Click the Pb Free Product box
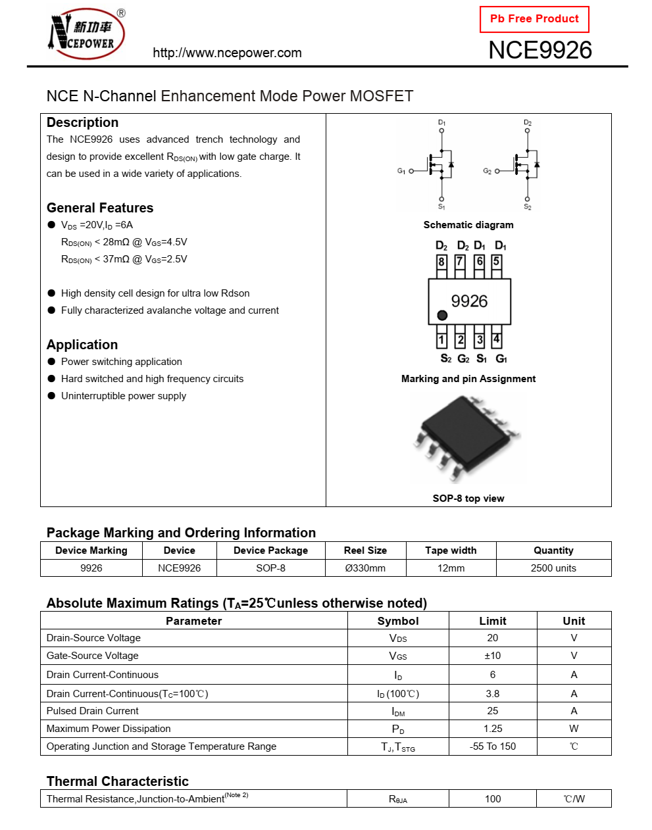(534, 19)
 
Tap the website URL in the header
(227, 53)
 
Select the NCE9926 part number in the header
(540, 51)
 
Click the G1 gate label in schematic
(401, 171)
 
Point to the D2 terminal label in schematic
(528, 123)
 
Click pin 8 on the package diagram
(441, 262)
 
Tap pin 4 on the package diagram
(496, 339)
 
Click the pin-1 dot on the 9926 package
(442, 316)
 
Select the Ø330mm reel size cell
(365, 568)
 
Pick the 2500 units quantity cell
(553, 568)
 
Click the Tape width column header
(451, 550)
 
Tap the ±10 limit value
(493, 656)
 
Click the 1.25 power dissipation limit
(493, 729)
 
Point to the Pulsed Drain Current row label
(93, 711)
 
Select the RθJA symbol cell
(398, 799)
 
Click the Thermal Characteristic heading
(118, 781)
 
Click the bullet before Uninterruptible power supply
(51, 396)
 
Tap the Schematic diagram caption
(468, 225)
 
